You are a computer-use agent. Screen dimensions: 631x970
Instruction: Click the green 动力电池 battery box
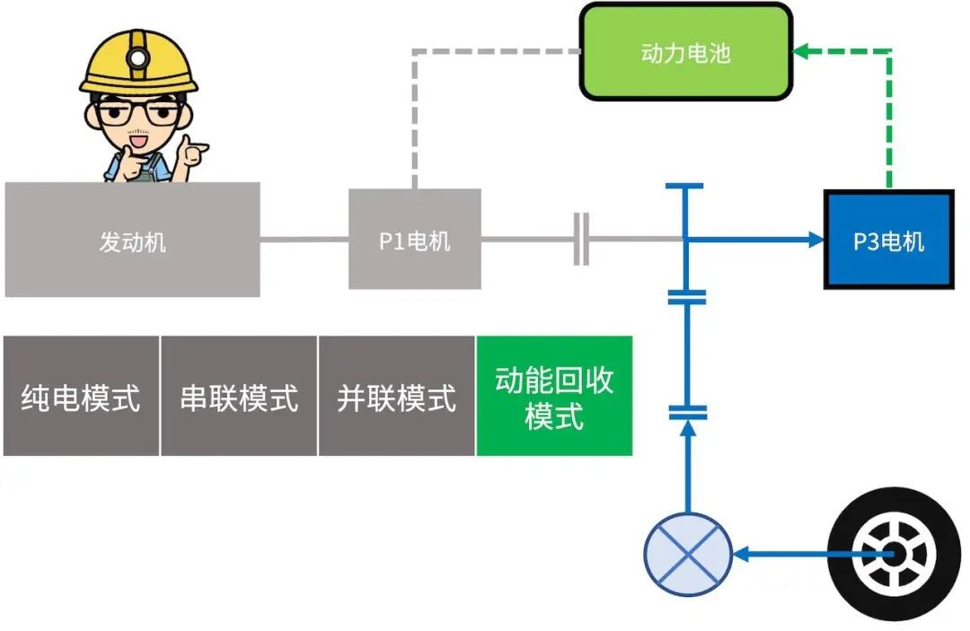click(x=686, y=51)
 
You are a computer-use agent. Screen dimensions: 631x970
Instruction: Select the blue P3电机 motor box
click(x=888, y=240)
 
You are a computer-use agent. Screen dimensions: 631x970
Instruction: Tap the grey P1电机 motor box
click(x=414, y=239)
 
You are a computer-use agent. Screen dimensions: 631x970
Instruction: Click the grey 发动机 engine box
click(x=132, y=240)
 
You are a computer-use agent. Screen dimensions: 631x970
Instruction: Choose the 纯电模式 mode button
click(x=81, y=396)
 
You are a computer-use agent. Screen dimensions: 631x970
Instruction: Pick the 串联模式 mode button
click(x=239, y=396)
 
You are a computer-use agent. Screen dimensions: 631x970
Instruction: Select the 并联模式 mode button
click(x=397, y=396)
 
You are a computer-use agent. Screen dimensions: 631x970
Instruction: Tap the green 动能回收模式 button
click(x=554, y=396)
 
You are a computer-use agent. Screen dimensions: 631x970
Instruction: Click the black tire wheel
click(x=893, y=554)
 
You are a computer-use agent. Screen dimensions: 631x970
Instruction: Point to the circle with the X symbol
click(x=689, y=554)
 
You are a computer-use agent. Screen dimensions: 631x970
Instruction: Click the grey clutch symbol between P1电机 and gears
click(x=582, y=240)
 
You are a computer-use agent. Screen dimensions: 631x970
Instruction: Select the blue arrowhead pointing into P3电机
click(x=816, y=240)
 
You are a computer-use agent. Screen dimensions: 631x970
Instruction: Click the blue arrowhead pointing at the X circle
click(x=741, y=554)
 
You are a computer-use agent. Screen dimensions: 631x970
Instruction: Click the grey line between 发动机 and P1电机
click(x=304, y=240)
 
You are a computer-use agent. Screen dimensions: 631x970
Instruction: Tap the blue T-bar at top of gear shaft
click(x=684, y=187)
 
